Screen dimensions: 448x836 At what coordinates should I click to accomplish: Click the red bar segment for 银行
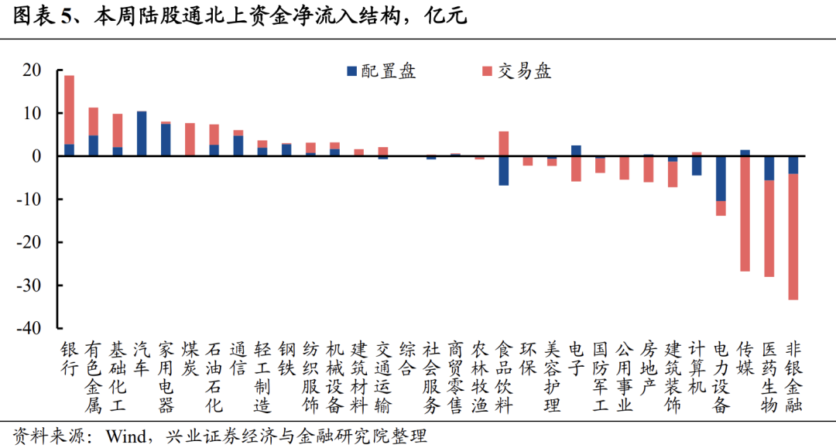69,109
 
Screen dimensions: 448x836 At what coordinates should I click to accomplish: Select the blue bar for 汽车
142,134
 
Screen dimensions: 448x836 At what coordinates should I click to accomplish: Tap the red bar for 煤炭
190,139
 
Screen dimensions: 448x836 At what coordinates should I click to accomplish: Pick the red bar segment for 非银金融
793,236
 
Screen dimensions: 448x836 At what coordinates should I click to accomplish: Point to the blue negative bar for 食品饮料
503,170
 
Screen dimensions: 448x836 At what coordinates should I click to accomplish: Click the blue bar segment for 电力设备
721,179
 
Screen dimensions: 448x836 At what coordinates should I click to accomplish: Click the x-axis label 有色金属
93,376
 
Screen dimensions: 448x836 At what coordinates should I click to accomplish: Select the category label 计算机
697,368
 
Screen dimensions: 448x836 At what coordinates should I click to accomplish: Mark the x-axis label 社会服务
431,376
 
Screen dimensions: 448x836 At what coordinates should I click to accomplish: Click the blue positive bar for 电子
576,151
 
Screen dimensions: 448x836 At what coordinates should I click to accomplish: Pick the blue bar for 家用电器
166,140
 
